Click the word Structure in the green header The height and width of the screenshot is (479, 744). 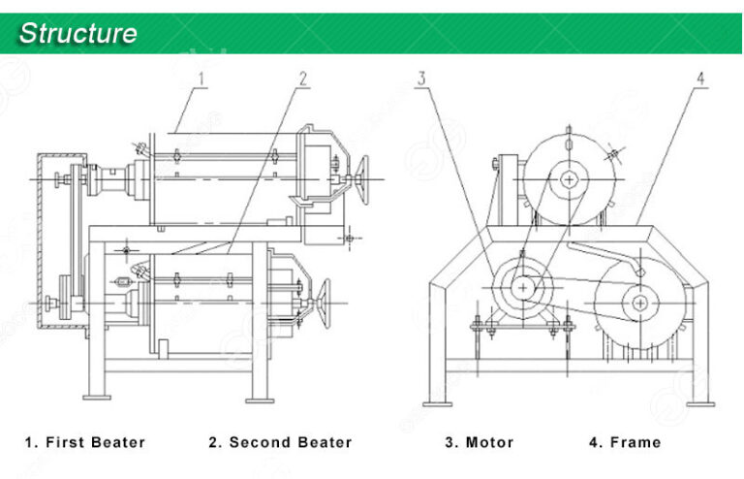[x=78, y=34]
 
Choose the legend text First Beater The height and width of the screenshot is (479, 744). [x=84, y=442]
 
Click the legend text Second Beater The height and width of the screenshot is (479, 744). [x=280, y=442]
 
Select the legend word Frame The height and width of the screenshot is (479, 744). [x=625, y=442]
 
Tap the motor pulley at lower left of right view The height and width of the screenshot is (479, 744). [x=523, y=288]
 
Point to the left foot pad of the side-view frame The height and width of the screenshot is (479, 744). [x=96, y=397]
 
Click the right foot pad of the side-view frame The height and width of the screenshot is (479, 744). [x=260, y=397]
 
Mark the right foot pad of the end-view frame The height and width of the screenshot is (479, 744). [x=699, y=400]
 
